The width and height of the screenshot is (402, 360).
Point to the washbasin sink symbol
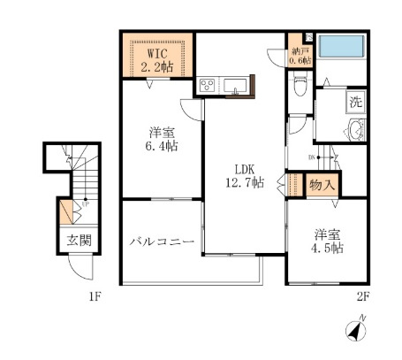tap(355, 133)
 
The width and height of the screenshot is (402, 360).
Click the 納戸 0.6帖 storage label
tap(300, 56)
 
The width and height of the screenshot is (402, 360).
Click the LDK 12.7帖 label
tap(245, 176)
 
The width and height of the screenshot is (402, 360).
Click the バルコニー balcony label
tap(159, 241)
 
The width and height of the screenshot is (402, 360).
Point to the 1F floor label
tap(95, 296)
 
